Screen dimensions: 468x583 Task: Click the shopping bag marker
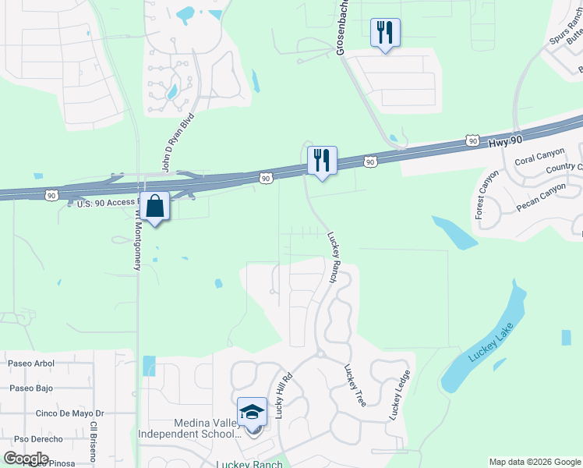coord(156,207)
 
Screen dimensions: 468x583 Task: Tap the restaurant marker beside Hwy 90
coord(322,161)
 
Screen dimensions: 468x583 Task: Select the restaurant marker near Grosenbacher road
coord(385,33)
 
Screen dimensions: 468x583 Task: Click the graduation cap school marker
coord(252,411)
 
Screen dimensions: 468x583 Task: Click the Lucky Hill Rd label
coord(284,395)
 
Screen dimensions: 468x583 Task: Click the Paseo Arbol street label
coord(31,363)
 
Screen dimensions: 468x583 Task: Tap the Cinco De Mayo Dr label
coord(69,413)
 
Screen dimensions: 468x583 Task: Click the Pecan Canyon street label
coord(541,193)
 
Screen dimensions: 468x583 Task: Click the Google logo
coord(26,459)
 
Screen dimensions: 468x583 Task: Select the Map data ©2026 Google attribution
coord(534,462)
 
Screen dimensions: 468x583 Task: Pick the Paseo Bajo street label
coord(30,388)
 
